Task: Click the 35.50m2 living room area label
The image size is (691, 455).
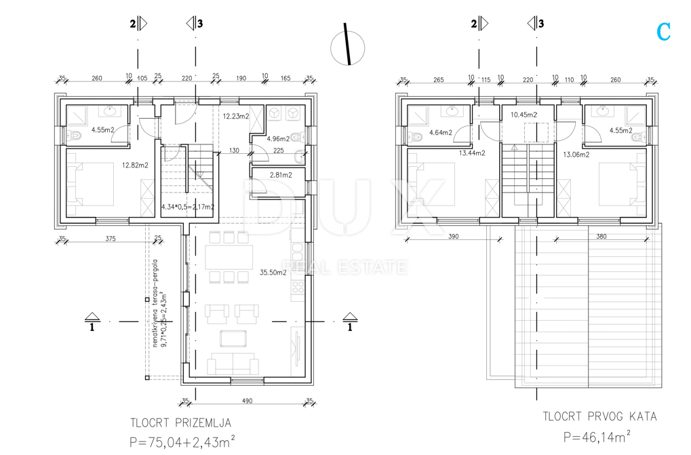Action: click(273, 273)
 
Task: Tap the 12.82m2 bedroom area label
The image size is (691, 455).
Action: click(135, 165)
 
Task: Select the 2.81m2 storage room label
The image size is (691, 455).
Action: click(281, 175)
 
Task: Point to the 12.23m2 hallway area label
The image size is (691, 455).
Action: click(236, 116)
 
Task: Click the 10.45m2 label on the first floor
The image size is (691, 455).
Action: click(524, 115)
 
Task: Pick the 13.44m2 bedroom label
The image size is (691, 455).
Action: click(472, 153)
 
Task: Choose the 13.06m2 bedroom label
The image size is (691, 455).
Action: click(576, 155)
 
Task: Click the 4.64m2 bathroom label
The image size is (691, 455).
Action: click(441, 132)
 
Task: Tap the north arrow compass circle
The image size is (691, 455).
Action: click(348, 48)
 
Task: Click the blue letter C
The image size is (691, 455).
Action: click(663, 32)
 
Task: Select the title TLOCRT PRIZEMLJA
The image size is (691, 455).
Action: click(180, 423)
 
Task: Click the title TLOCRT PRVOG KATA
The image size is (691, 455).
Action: click(599, 416)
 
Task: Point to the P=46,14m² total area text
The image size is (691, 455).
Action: click(597, 437)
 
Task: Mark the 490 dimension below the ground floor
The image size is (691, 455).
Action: click(248, 401)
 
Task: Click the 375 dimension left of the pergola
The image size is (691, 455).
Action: click(110, 239)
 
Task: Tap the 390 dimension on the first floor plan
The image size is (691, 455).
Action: click(453, 237)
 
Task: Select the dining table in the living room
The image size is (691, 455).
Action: click(229, 257)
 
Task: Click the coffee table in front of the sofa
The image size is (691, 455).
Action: click(233, 338)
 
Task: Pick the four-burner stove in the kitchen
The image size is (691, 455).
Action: click(298, 288)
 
